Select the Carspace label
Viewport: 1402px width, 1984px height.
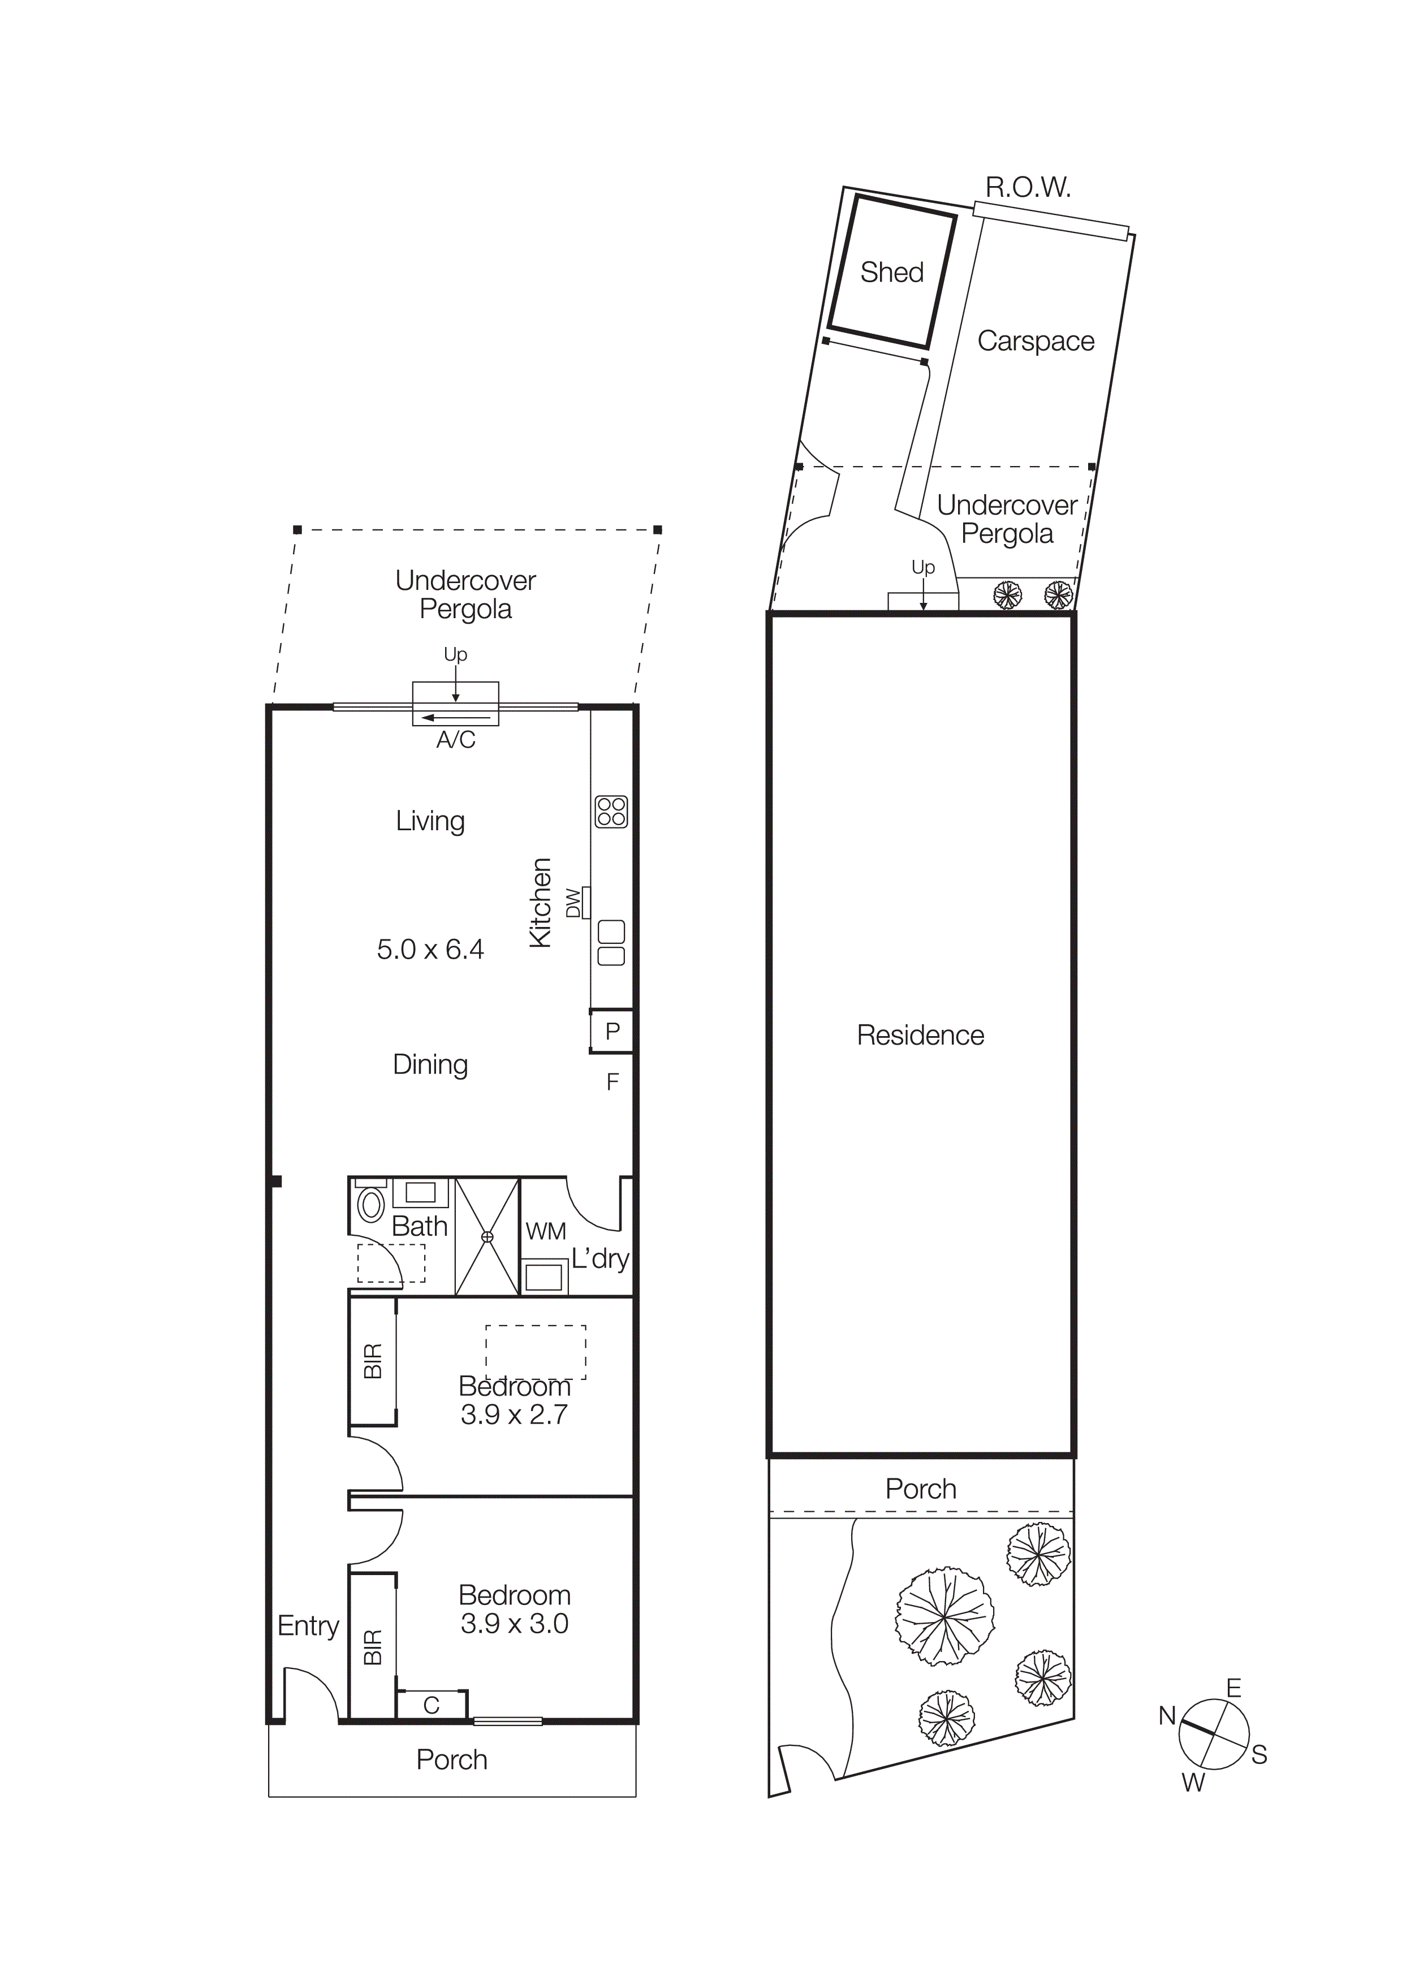tap(1035, 342)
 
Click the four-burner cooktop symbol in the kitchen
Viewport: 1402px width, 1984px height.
tap(611, 812)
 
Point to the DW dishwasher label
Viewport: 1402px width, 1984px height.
tap(573, 903)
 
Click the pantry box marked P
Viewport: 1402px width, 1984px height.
tap(612, 1031)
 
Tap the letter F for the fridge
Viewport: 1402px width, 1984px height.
tap(612, 1082)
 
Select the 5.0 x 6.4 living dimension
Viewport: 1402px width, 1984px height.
tap(430, 950)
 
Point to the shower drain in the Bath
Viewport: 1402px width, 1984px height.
tap(487, 1236)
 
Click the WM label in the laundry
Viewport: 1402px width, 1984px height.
tap(546, 1231)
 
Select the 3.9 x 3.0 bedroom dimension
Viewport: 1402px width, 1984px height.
tap(514, 1624)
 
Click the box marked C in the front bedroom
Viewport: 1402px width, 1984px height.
tap(431, 1705)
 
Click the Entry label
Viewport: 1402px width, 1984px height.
tap(308, 1625)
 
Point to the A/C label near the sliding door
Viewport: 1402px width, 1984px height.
tap(455, 740)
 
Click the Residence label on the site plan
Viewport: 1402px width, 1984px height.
tap(920, 1035)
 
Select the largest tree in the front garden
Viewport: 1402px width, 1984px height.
tap(944, 1616)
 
